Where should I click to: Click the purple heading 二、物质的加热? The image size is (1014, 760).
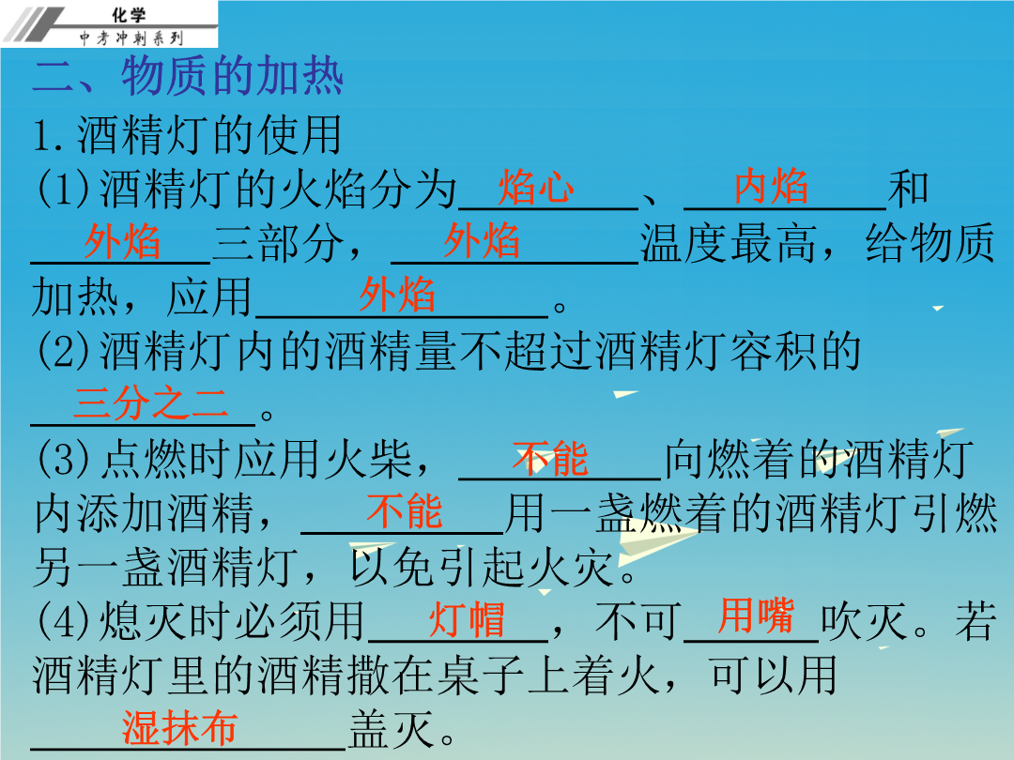pyautogui.click(x=188, y=76)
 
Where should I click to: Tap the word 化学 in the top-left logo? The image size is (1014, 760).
pyautogui.click(x=129, y=15)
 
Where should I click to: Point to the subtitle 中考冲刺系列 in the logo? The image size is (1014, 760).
pyautogui.click(x=131, y=38)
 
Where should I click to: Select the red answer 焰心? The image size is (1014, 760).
pyautogui.click(x=536, y=188)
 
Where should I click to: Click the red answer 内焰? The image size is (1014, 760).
pyautogui.click(x=771, y=186)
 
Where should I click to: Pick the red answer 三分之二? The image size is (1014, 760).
pyautogui.click(x=150, y=403)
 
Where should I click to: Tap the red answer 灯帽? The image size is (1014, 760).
pyautogui.click(x=467, y=619)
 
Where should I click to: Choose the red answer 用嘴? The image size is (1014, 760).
pyautogui.click(x=755, y=616)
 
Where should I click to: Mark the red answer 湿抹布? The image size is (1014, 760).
pyautogui.click(x=179, y=728)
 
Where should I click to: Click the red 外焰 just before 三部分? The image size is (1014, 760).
pyautogui.click(x=122, y=242)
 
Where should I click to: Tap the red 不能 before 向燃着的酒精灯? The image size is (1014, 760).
pyautogui.click(x=550, y=458)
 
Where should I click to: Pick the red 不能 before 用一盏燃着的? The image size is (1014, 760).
pyautogui.click(x=404, y=511)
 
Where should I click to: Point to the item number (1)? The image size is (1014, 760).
pyautogui.click(x=64, y=190)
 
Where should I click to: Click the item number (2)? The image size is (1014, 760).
pyautogui.click(x=64, y=352)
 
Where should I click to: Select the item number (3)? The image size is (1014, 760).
pyautogui.click(x=64, y=460)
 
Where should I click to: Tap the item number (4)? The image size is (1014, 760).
pyautogui.click(x=64, y=621)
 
